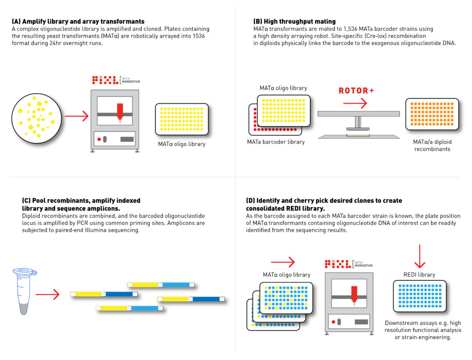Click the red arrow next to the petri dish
[77, 117]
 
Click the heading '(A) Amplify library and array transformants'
[78, 22]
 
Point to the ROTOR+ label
[356, 91]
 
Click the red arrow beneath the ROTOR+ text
[355, 103]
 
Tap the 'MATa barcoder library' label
[276, 142]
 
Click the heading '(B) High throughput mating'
[294, 22]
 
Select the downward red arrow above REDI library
[419, 256]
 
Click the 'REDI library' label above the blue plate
[419, 275]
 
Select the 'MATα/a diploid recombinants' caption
[432, 146]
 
